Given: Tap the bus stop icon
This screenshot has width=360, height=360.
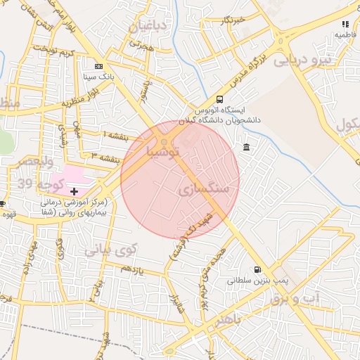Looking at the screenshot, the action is point(220,100).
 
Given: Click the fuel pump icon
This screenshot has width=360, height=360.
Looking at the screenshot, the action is point(257,269).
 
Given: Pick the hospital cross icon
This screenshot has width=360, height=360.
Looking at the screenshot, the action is point(74,191).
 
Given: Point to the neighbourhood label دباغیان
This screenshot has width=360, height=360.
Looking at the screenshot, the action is point(148,27).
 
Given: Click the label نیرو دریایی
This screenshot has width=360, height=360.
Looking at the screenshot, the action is point(301,60).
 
